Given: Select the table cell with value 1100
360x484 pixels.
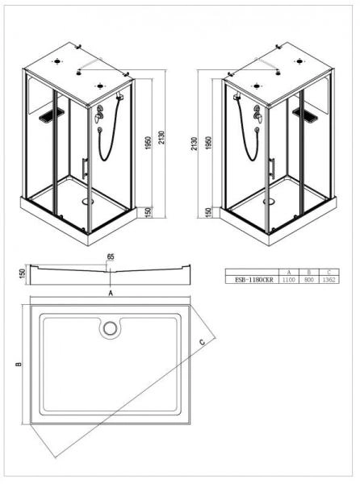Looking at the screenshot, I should [287, 279].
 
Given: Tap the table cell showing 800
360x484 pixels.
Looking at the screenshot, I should [308, 279].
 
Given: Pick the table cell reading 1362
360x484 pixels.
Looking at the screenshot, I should [329, 279].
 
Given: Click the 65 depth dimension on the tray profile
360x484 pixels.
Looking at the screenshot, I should [111, 258].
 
